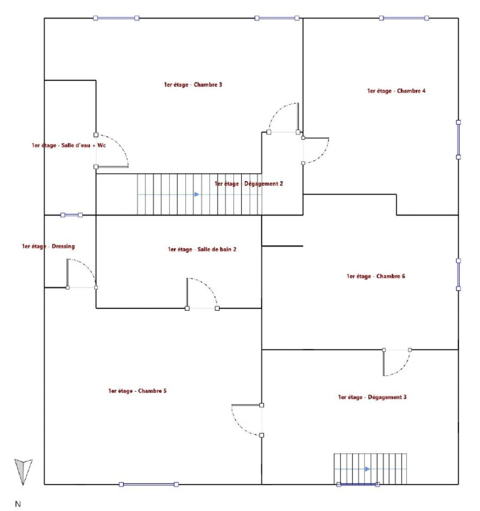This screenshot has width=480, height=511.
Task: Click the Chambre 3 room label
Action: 193,85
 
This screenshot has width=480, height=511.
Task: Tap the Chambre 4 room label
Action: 396,91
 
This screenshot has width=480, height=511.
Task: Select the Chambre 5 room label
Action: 137,391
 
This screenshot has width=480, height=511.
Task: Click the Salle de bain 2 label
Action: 202,249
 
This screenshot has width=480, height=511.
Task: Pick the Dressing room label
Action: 48,247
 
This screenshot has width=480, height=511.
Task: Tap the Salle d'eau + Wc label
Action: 69,146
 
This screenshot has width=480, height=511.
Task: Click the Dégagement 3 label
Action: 372,397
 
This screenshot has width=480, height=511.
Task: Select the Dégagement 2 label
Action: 249,184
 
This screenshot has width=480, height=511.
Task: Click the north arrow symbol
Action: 23,471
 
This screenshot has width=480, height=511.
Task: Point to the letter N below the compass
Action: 18,504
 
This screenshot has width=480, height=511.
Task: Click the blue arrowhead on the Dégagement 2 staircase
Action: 196,194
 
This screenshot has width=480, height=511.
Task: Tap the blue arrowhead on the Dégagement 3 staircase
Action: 367,469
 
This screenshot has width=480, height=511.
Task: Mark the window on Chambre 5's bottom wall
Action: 149,484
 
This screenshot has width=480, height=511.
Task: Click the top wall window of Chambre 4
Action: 404,18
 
